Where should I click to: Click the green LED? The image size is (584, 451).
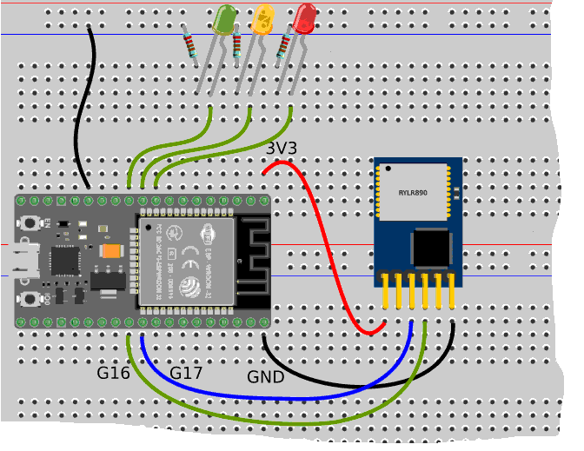[225, 19]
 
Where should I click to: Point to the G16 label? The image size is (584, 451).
[113, 374]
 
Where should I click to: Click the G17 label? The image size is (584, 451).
[186, 374]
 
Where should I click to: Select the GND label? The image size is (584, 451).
[265, 377]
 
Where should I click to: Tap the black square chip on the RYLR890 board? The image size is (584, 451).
[430, 247]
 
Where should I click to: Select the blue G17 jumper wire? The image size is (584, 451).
[261, 395]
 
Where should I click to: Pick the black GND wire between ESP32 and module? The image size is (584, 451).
[348, 381]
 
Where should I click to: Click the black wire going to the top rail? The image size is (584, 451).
[79, 113]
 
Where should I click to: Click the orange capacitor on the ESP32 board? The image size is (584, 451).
[110, 251]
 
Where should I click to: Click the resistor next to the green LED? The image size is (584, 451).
[191, 43]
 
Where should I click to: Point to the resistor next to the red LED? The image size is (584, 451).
[283, 45]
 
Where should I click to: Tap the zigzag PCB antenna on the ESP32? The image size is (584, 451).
[252, 261]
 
